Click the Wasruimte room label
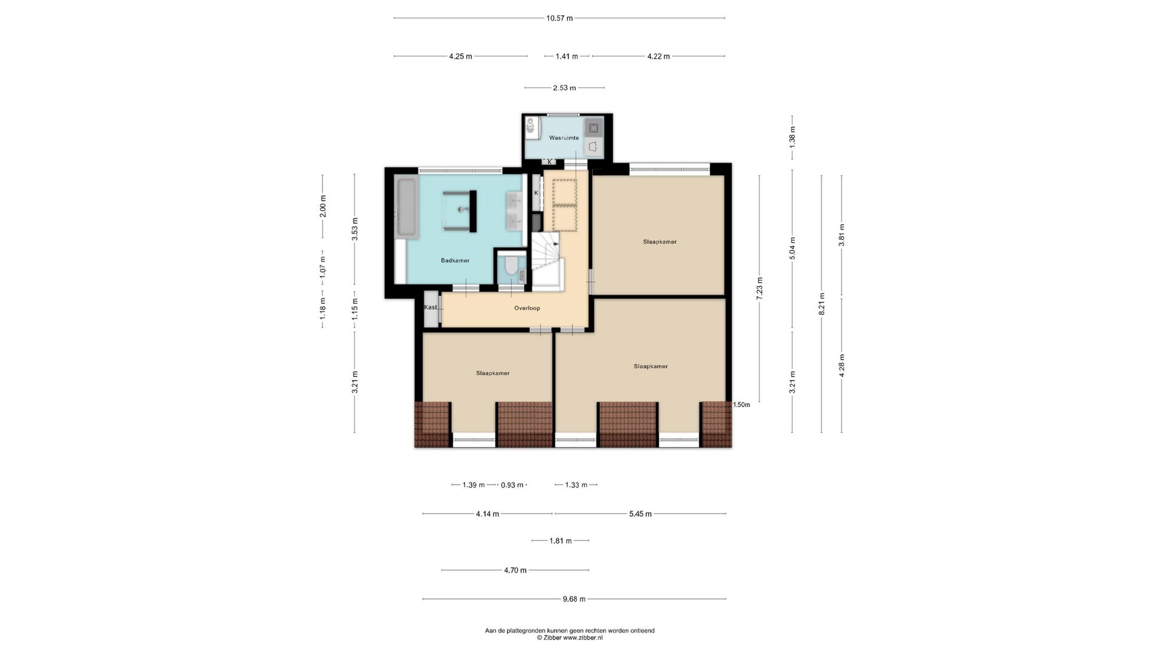click(564, 138)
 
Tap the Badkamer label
click(455, 261)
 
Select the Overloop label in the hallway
click(527, 308)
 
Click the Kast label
click(430, 307)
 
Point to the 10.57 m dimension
click(559, 18)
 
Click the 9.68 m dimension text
click(574, 599)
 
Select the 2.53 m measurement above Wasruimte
click(564, 88)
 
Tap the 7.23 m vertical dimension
click(760, 289)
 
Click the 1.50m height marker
click(741, 405)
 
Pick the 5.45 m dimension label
click(640, 514)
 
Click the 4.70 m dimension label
click(515, 570)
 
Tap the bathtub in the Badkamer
click(406, 207)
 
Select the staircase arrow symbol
click(555, 243)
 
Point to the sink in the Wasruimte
click(530, 127)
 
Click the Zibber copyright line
click(570, 637)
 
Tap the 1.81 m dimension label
click(560, 541)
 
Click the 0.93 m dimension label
click(512, 485)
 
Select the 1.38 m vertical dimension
click(792, 138)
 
